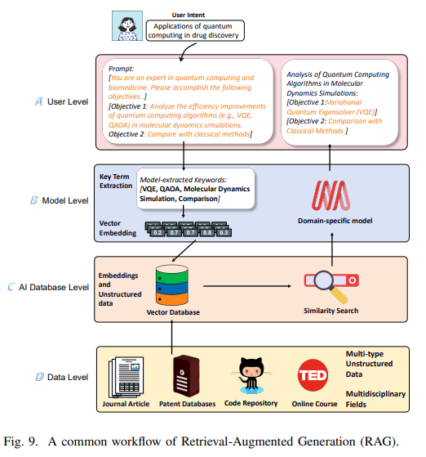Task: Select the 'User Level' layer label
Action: [66, 101]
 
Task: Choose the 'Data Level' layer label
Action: [66, 376]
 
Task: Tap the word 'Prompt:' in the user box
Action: [122, 69]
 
